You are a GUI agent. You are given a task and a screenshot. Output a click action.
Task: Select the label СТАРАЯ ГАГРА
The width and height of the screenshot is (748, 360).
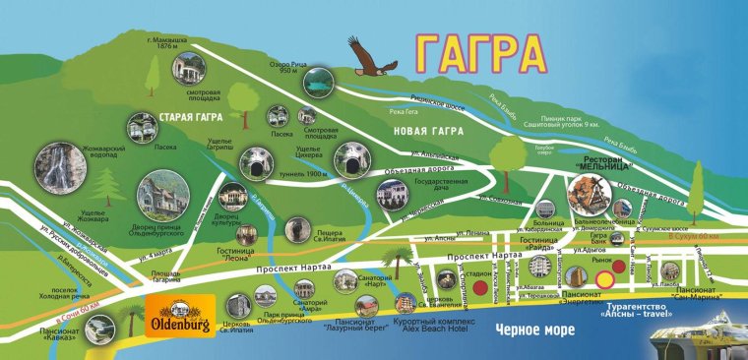[184, 115]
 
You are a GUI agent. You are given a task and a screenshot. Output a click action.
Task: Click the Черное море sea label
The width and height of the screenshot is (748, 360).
[534, 330]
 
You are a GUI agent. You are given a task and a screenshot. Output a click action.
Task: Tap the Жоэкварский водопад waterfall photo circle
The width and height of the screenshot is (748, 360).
[62, 169]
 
